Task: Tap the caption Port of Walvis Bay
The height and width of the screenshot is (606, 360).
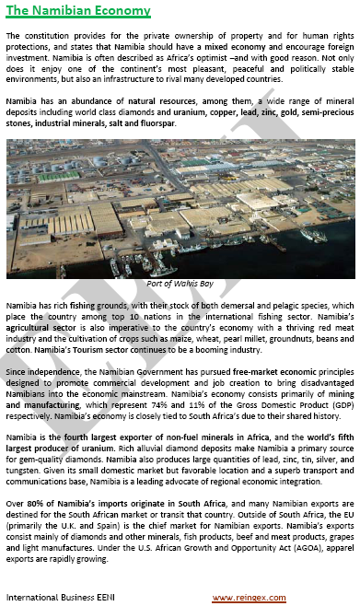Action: coord(180,286)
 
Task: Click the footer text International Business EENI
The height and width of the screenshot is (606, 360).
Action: coord(61,596)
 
